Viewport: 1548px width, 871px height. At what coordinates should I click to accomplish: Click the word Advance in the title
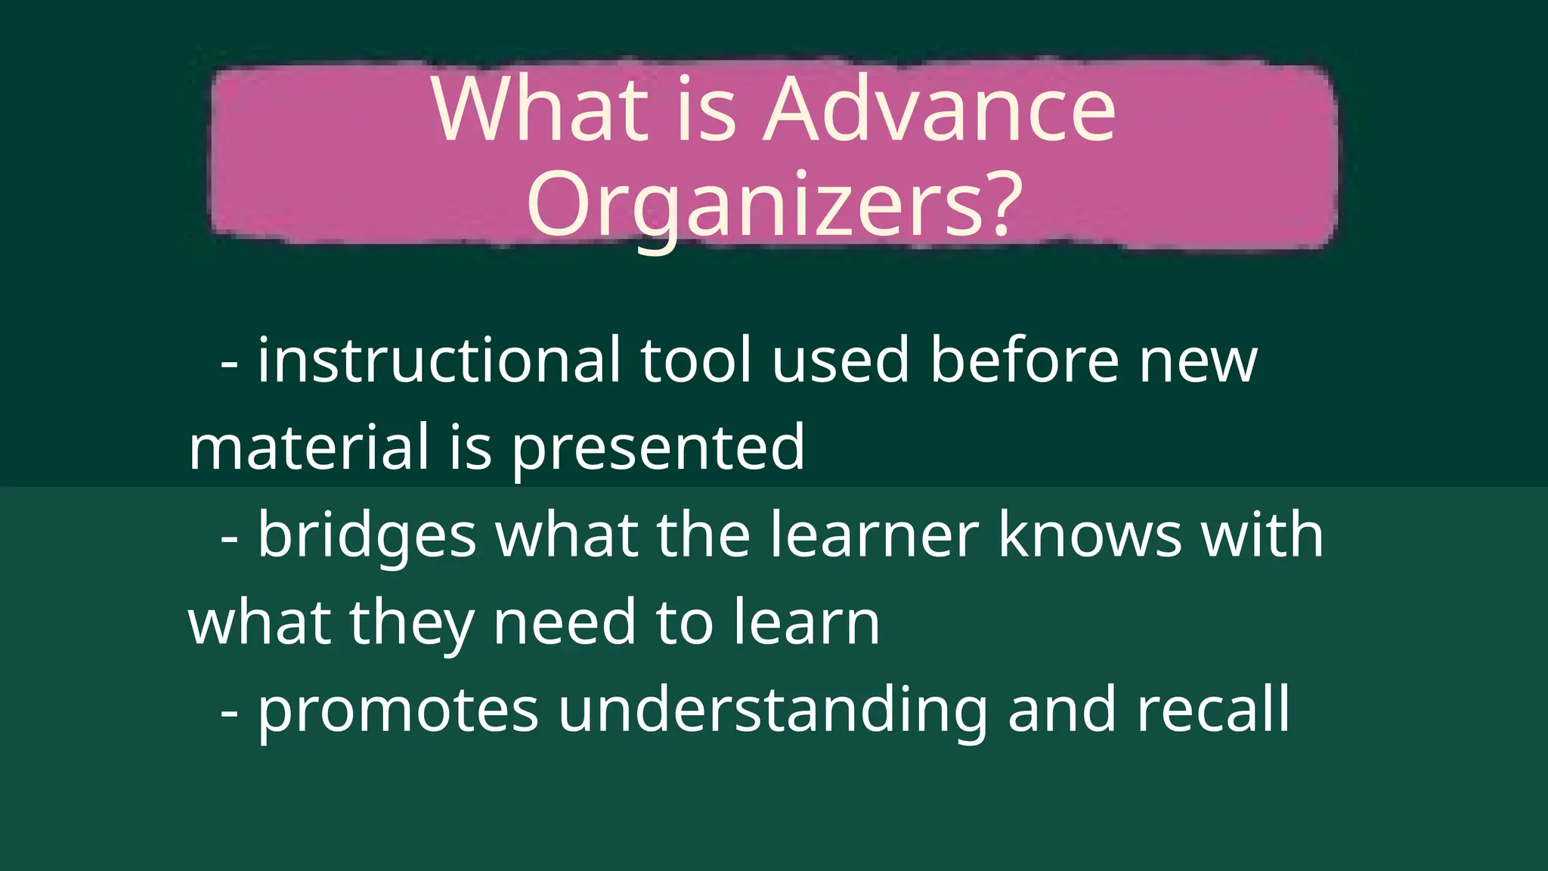pos(940,110)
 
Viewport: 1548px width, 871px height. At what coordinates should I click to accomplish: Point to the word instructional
pos(439,361)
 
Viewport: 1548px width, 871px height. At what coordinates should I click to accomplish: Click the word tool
pos(696,361)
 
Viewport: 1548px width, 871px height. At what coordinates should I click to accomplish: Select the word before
pos(1024,361)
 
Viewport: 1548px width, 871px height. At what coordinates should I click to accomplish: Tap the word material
pos(309,448)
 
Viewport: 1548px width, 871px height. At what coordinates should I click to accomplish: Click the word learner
pos(875,535)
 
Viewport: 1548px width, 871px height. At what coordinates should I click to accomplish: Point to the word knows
pos(1090,535)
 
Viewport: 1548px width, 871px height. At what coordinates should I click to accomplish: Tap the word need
pos(565,623)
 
